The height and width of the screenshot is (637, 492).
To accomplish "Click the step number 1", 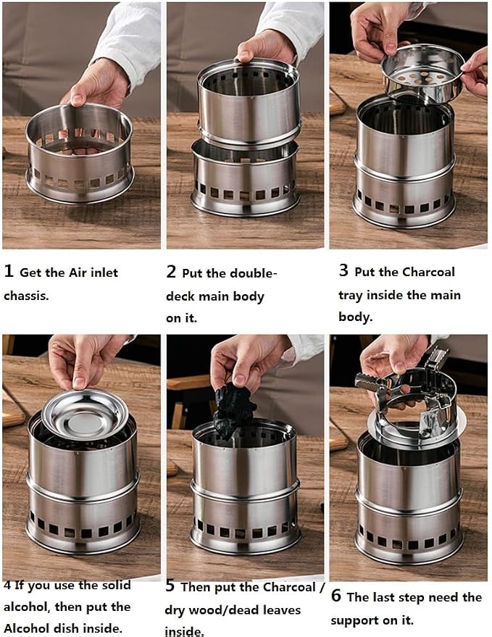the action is [9, 271].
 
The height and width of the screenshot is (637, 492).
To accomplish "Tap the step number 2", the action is [171, 272].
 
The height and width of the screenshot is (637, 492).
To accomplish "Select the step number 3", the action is [343, 270].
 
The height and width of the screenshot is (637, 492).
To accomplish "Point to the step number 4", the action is [8, 586].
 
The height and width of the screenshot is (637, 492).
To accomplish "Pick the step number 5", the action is [170, 586].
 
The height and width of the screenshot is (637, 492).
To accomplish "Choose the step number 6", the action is [336, 596].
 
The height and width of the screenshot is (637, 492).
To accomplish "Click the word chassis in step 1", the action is [26, 296].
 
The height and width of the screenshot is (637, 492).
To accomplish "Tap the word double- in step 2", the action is [254, 273].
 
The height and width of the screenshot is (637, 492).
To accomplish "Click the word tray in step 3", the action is [350, 296].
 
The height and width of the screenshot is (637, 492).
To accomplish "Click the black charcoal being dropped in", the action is [234, 409].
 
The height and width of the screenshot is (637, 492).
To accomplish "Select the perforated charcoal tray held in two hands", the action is [422, 72].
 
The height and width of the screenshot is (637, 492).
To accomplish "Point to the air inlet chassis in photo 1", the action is [80, 154].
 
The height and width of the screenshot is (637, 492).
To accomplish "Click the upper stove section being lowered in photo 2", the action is [249, 102].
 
